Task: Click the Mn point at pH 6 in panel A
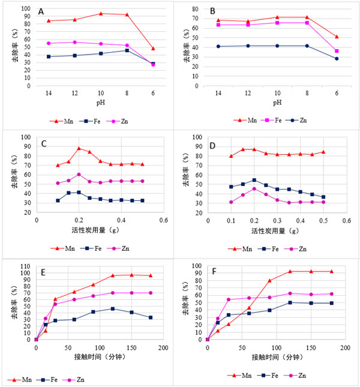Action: (x=152, y=49)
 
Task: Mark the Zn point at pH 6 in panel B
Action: (x=337, y=58)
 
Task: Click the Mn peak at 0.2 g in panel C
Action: (x=79, y=148)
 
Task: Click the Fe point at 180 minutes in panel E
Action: (x=151, y=317)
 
